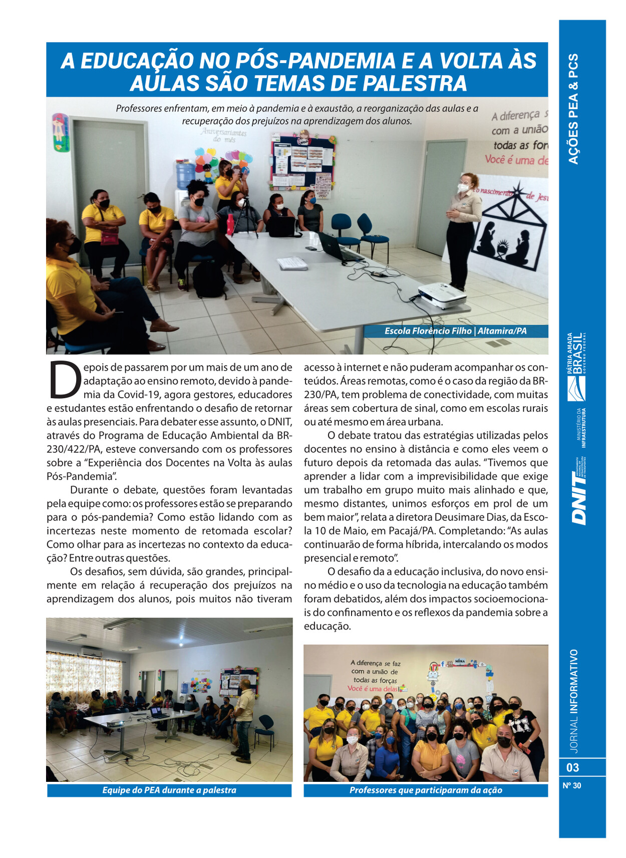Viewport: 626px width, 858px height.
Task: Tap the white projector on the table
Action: [442, 295]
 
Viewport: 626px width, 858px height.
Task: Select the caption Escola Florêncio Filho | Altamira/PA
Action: [455, 331]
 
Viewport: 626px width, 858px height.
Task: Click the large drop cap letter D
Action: [65, 379]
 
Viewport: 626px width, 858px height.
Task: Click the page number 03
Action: [572, 767]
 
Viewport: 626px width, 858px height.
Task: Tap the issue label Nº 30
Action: [571, 785]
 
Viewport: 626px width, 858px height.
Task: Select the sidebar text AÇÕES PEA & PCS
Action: [574, 109]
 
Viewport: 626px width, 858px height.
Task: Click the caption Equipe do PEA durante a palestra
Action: [169, 790]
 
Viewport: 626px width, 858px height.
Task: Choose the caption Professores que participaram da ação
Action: [426, 790]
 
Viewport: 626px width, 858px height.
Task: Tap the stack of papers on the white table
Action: [292, 263]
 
